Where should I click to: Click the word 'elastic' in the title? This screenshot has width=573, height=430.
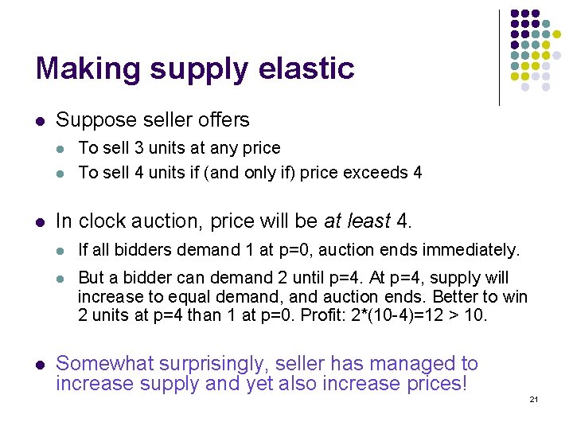(x=306, y=68)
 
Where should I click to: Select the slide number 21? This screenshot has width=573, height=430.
(x=534, y=399)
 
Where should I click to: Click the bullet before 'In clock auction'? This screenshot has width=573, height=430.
(x=39, y=220)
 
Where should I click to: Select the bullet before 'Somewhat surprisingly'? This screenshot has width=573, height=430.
(x=39, y=365)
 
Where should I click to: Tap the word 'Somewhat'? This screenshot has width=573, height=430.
(x=101, y=364)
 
